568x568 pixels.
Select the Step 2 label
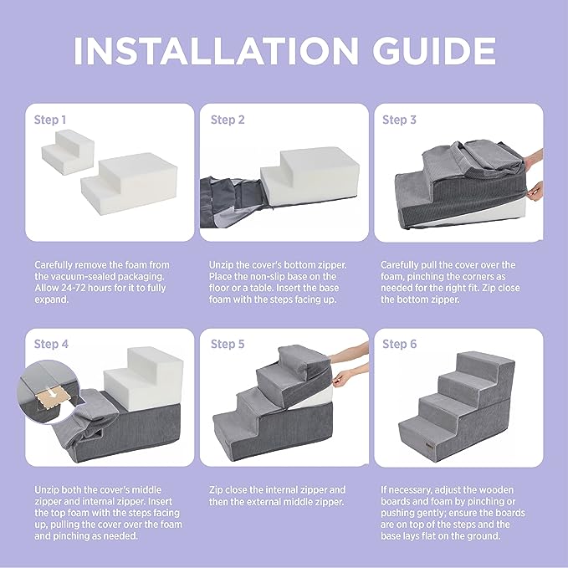point(228,120)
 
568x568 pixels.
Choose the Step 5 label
point(228,344)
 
